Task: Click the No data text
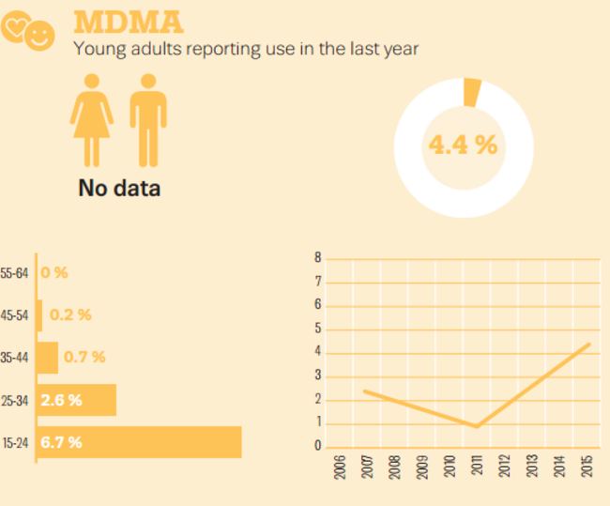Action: point(119,188)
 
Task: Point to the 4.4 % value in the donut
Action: point(462,145)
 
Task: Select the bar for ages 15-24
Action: point(139,442)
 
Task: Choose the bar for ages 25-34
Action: point(77,400)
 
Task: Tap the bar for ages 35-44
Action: point(47,358)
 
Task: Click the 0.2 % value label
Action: point(70,315)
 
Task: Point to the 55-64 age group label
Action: point(15,273)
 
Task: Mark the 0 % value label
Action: point(54,273)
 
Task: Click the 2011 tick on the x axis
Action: point(477,467)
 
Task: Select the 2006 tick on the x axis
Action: point(339,467)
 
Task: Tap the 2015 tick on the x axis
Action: point(587,467)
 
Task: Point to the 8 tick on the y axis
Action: point(318,258)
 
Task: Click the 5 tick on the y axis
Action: point(318,329)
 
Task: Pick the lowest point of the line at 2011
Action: point(477,426)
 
